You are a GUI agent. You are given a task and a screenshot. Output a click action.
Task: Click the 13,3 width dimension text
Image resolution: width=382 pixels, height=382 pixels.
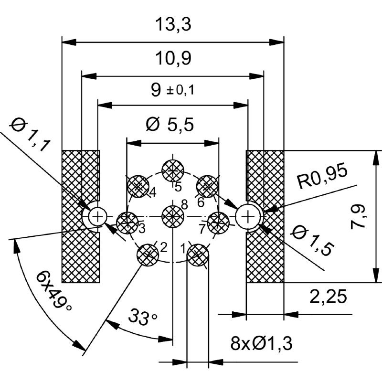[173, 24]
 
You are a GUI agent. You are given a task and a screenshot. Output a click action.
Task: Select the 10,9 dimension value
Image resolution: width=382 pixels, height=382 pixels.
[173, 58]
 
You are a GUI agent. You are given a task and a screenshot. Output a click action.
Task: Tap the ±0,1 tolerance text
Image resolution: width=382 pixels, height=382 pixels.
[180, 90]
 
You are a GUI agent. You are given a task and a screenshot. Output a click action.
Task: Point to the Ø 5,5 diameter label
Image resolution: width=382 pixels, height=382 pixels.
[170, 125]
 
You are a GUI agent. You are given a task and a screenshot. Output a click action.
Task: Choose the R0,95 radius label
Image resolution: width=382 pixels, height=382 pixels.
[322, 176]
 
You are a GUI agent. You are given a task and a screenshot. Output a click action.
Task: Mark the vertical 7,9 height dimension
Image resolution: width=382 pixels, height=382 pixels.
[358, 217]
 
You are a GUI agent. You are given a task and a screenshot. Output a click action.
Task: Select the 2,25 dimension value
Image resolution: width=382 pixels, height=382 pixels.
[328, 297]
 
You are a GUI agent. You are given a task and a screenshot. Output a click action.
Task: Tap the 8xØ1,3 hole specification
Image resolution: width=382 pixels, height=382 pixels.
[261, 343]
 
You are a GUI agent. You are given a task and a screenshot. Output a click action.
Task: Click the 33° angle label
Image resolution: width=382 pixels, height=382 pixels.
[143, 317]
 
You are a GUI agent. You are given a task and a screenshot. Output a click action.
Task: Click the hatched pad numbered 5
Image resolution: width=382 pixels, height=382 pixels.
[173, 171]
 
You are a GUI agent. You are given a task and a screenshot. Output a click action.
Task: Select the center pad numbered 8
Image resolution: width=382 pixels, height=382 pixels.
[173, 216]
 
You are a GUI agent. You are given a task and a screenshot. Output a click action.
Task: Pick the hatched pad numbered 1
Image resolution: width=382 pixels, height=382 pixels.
[198, 255]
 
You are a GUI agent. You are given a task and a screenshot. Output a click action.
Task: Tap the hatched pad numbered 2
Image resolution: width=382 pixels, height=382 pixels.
[148, 255]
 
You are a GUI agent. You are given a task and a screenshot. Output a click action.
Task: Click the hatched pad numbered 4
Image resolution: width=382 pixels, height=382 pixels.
[138, 186]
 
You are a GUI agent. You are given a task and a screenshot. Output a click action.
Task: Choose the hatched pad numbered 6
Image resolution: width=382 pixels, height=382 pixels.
[207, 186]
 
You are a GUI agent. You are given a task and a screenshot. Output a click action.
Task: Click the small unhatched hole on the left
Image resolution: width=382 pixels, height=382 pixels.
[97, 216]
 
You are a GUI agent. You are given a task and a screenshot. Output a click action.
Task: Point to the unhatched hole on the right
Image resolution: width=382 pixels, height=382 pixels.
[247, 216]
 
